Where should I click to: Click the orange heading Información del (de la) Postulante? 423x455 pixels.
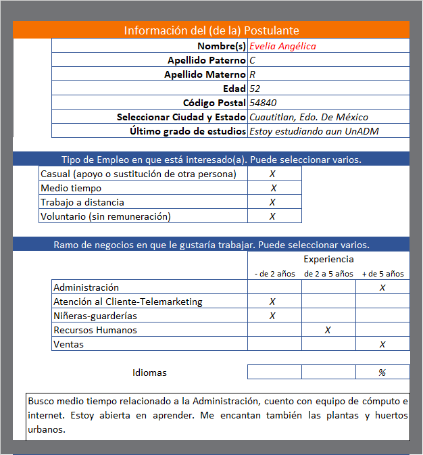click(x=211, y=30)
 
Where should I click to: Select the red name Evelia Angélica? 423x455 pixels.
click(x=282, y=46)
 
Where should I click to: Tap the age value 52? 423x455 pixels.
click(x=255, y=89)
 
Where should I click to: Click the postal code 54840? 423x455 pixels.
click(x=262, y=103)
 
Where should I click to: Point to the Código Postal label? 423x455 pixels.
click(x=214, y=103)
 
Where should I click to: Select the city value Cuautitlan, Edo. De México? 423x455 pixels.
click(x=308, y=117)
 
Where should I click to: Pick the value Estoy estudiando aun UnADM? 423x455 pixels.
click(x=314, y=131)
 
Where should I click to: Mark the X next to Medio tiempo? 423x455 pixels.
click(x=274, y=188)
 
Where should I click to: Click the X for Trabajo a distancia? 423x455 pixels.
click(x=273, y=202)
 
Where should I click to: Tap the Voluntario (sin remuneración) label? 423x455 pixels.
click(x=105, y=216)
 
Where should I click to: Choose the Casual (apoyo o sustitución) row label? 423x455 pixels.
click(x=139, y=174)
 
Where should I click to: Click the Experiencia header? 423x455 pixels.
click(x=328, y=259)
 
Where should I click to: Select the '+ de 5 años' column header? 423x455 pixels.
click(x=383, y=274)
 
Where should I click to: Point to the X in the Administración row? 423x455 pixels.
click(x=382, y=287)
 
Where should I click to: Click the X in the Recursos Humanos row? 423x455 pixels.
click(x=328, y=330)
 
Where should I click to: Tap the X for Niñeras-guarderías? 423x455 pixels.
click(x=272, y=316)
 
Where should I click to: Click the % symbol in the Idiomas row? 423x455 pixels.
click(x=382, y=373)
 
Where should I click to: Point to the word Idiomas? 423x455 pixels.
click(x=149, y=373)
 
